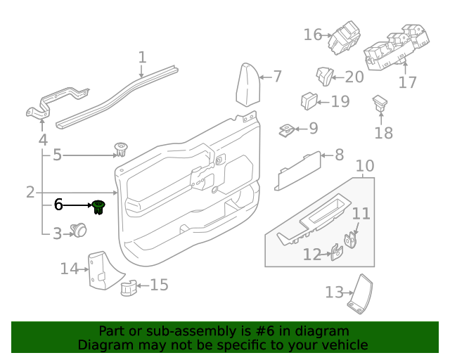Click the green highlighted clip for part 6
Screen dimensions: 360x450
[98, 207]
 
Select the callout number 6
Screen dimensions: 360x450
[58, 205]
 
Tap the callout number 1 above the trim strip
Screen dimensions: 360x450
[142, 57]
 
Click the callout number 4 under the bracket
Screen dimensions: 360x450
[43, 140]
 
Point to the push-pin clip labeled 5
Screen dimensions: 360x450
[121, 150]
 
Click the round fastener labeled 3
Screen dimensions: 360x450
[80, 230]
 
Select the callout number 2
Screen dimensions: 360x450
[30, 192]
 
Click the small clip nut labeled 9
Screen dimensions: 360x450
[287, 129]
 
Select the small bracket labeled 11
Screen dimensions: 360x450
[349, 240]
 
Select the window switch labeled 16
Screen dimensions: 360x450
[345, 38]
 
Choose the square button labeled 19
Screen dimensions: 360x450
[308, 101]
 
